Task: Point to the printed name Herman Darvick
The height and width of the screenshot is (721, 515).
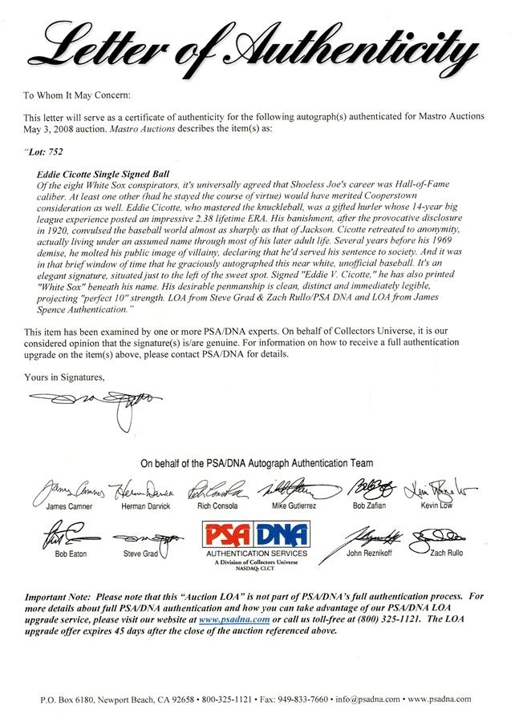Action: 143,507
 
